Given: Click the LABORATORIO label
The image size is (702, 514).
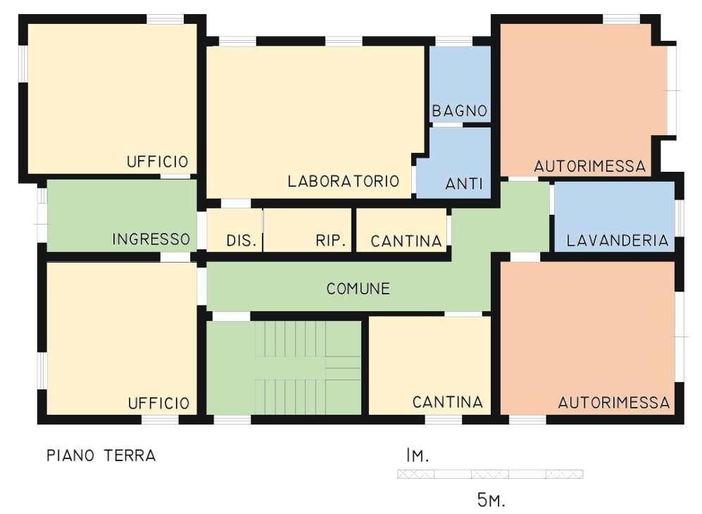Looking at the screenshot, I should click(343, 182).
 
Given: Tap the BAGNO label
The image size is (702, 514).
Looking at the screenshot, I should click(460, 111).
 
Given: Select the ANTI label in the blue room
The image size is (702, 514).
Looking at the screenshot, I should click(464, 184).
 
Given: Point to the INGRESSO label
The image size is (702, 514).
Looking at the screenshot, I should click(151, 240).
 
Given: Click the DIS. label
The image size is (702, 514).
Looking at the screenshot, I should click(240, 241).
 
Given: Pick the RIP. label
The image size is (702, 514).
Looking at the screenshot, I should click(330, 241).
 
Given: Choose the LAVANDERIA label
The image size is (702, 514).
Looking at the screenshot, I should click(617, 241).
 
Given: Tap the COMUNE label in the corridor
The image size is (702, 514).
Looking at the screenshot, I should click(358, 289).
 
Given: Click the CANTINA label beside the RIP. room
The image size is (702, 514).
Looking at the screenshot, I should click(406, 241).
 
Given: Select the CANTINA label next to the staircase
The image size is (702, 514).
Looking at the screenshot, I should click(447, 403).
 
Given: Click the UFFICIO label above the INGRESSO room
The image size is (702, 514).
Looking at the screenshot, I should click(158, 161).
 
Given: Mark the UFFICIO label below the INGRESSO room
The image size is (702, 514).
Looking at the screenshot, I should click(158, 403).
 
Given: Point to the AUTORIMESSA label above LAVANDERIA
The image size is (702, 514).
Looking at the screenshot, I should click(589, 167).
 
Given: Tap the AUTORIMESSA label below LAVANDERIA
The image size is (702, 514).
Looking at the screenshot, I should click(613, 403).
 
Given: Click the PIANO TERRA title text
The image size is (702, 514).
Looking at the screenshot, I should click(101, 456).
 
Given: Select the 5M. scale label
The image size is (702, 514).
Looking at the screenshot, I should click(491, 501).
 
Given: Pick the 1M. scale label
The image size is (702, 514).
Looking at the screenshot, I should click(417, 456).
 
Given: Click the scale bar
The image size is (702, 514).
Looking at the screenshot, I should click(489, 474).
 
